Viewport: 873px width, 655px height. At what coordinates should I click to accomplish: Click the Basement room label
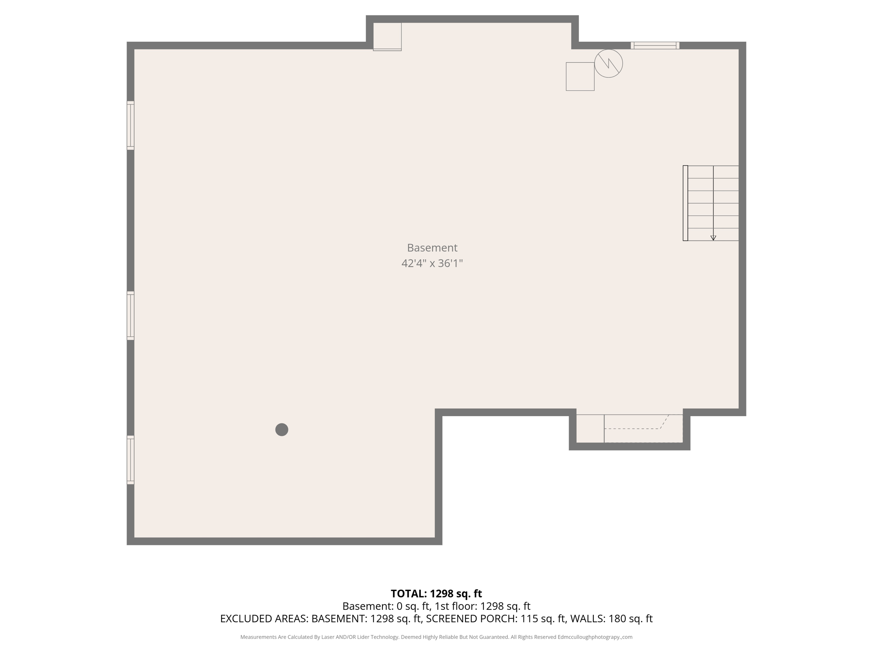[x=432, y=248]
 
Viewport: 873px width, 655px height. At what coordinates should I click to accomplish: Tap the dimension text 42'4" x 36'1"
[x=432, y=264]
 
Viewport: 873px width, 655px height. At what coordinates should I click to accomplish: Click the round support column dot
[x=282, y=429]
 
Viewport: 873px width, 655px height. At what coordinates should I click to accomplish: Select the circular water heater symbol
[x=608, y=64]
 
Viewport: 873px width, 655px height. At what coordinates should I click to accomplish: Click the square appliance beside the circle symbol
[x=580, y=76]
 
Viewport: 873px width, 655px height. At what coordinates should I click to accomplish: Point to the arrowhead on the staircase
[x=713, y=238]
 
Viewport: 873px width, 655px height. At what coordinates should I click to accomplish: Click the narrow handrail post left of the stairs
[x=685, y=203]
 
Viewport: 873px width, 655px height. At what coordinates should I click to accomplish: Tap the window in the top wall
[x=655, y=46]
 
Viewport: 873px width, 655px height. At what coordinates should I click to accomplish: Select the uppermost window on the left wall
[x=130, y=125]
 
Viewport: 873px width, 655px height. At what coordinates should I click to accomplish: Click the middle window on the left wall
[x=130, y=316]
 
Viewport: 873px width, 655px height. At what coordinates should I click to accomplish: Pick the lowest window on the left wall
[x=130, y=460]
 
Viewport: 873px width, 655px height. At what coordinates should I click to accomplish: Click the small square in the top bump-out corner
[x=387, y=37]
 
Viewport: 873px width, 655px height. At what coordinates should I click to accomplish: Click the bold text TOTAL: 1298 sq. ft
[x=436, y=594]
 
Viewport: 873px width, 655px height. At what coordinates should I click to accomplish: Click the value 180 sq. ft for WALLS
[x=630, y=619]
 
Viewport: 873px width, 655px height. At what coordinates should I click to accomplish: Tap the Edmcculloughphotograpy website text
[x=595, y=637]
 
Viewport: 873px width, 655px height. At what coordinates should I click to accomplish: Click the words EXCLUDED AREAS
[x=264, y=619]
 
